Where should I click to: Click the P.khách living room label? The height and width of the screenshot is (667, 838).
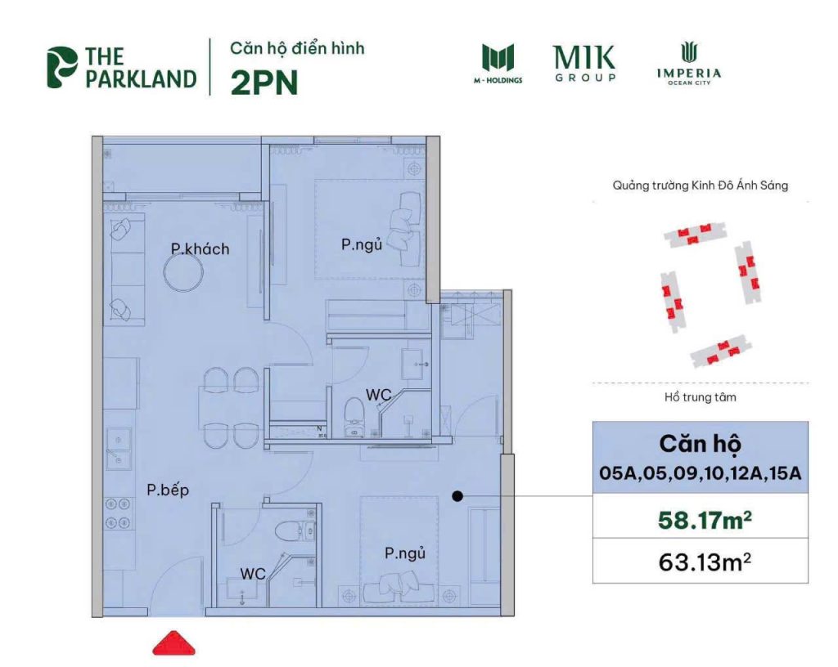200,248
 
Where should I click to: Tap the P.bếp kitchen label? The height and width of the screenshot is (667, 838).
168,490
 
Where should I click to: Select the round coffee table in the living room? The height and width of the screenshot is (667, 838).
185,271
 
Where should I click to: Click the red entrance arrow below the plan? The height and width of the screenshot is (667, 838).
174,642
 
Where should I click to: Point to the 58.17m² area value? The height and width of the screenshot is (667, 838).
700,520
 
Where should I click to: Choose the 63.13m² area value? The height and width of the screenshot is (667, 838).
700,562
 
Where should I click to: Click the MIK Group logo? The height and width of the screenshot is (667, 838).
584,64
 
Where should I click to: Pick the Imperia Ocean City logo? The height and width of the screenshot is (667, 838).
688,64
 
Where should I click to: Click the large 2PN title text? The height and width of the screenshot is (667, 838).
264,83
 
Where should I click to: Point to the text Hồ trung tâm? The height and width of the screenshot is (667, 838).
700,400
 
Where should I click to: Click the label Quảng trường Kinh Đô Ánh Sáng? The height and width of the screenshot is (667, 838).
700,186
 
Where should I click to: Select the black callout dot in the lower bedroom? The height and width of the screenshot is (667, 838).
457,495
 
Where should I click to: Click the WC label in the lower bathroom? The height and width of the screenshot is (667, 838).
253,574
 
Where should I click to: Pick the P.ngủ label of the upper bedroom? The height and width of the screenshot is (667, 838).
362,244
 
